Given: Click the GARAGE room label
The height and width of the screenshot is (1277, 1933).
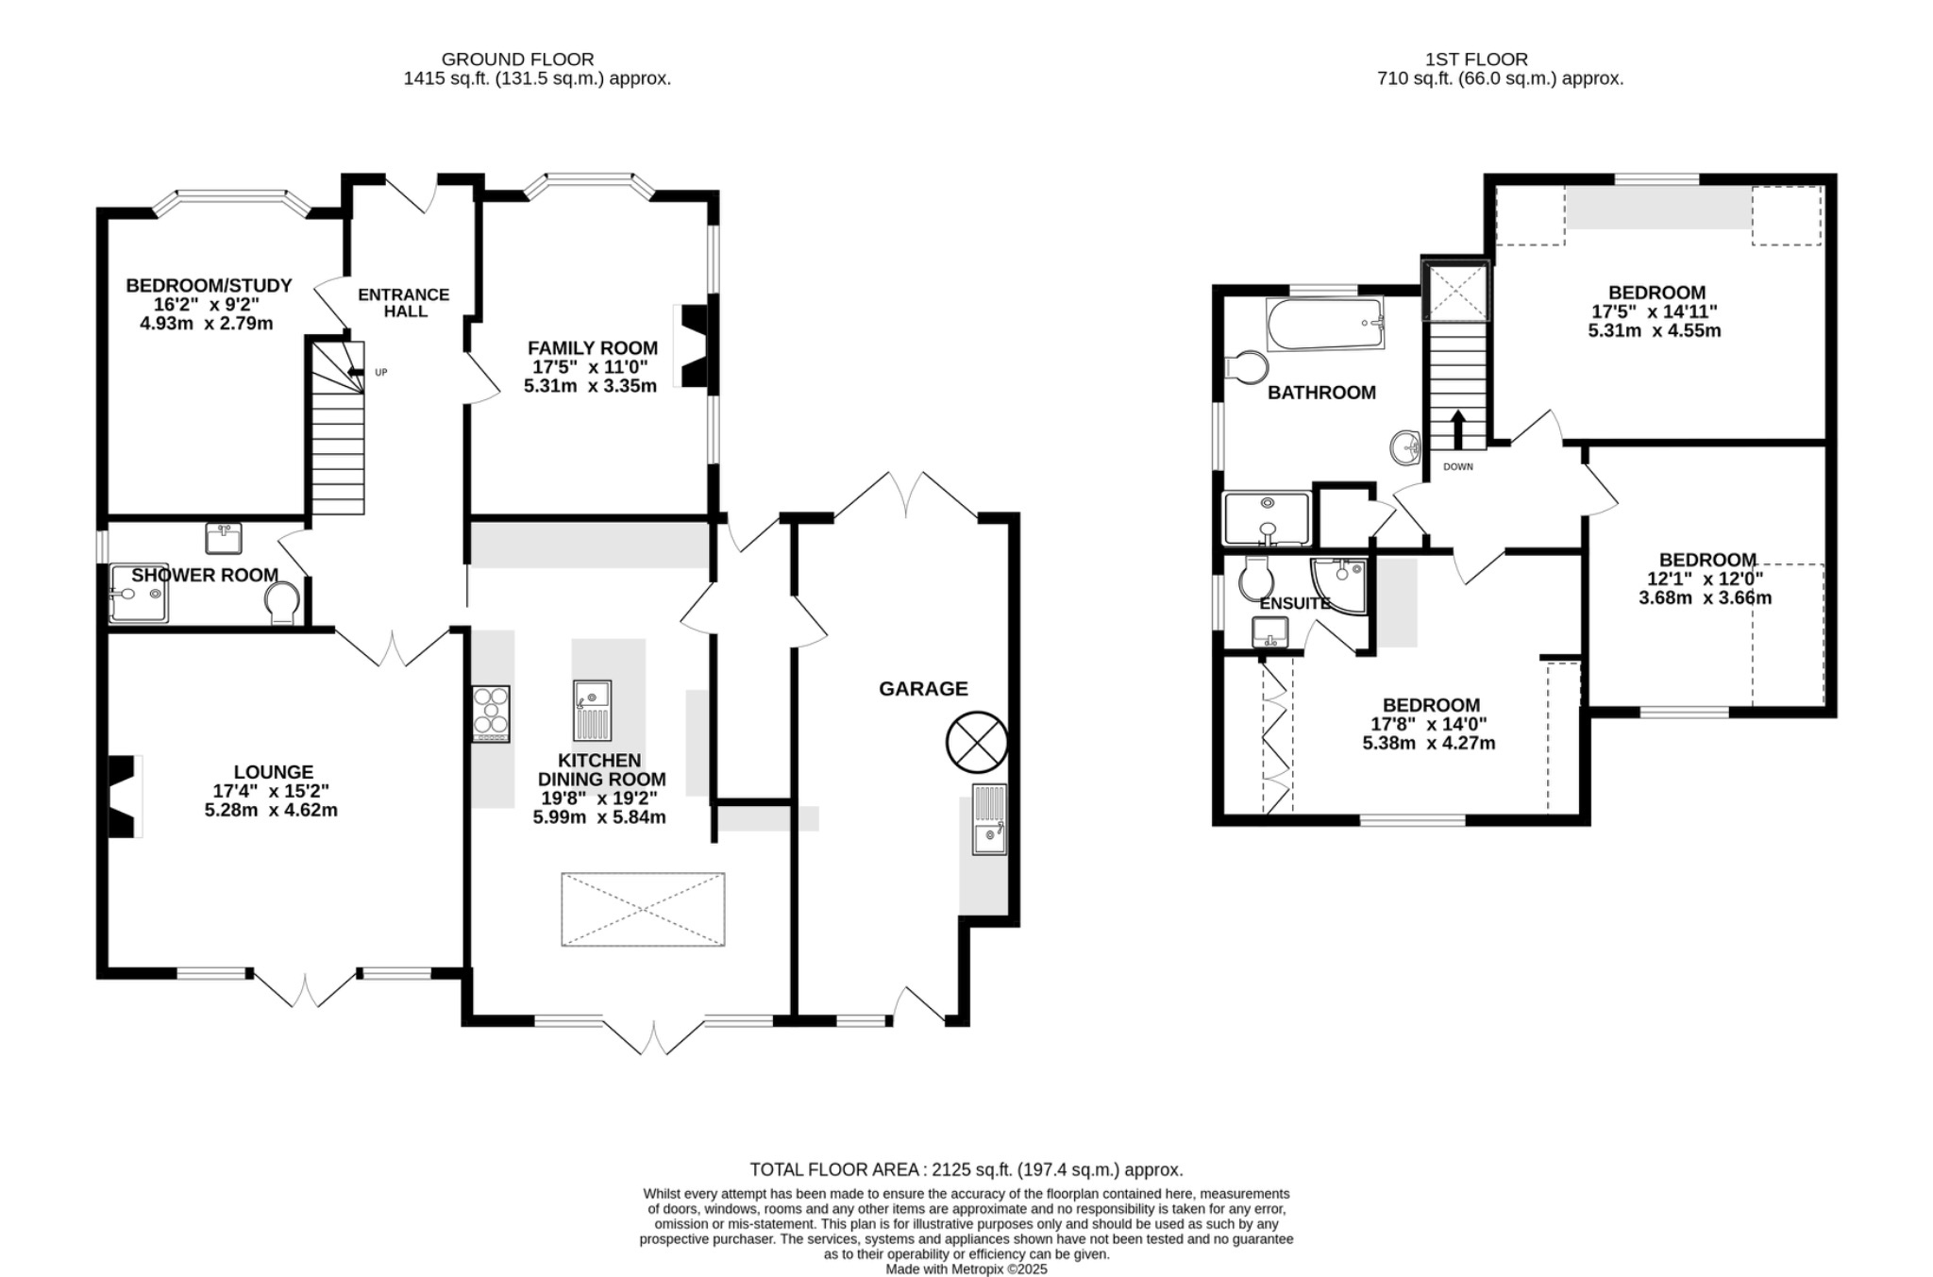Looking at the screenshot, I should [923, 689].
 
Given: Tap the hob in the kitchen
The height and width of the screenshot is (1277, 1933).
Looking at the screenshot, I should [491, 713].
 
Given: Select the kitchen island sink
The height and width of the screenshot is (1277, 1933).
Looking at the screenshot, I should [592, 710].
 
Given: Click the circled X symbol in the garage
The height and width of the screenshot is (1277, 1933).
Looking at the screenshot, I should [977, 742].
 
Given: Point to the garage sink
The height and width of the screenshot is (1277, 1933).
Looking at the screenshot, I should [989, 819].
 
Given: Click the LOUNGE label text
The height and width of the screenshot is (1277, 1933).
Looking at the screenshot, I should [273, 772].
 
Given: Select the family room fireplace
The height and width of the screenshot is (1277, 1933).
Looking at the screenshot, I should [695, 345].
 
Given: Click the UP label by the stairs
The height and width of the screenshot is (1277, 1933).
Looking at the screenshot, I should [381, 373].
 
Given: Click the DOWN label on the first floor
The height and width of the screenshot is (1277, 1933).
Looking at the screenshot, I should [1457, 467].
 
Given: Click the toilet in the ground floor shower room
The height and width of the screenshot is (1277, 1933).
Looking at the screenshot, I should [281, 602].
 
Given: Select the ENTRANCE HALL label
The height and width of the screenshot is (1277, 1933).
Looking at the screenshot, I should [404, 302].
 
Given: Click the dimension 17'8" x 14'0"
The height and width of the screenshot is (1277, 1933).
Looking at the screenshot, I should [1428, 725].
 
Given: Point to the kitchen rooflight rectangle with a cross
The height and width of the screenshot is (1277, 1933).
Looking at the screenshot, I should [643, 909].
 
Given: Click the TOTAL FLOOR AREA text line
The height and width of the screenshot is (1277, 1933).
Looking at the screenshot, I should [966, 1169].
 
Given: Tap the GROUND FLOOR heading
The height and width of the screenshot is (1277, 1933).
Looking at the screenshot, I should [517, 59].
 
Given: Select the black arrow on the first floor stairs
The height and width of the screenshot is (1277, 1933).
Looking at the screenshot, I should [1457, 429].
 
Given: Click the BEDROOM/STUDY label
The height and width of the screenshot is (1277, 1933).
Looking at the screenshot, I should [209, 285].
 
